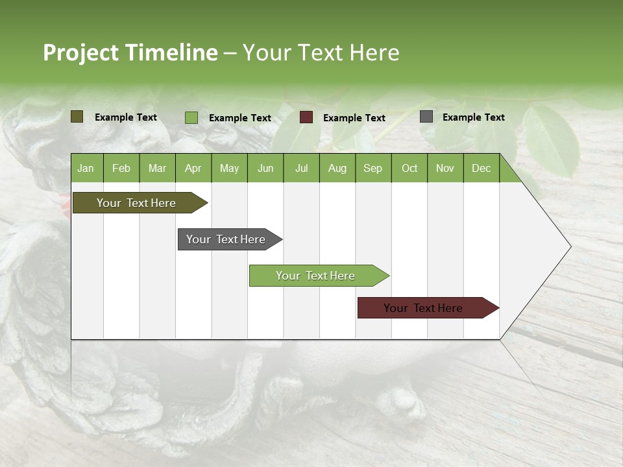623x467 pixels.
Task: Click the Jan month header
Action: pos(86,168)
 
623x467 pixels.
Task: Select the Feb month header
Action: pos(121,168)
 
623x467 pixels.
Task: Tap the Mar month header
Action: pos(157,168)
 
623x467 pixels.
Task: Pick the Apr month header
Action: pos(193,168)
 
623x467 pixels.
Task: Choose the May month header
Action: pos(229,168)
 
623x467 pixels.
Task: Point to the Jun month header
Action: pos(265,168)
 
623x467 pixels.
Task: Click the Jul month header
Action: pos(301,168)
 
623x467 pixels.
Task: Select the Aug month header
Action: pos(337,168)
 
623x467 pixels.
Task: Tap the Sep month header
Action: pos(373,168)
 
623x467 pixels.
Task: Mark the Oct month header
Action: pos(409,168)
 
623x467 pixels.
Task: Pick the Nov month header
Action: pos(445,168)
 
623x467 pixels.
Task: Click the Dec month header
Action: pos(481,168)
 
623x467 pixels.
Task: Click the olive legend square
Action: pos(77,117)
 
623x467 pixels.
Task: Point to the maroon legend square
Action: pos(306,117)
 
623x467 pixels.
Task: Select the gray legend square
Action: pos(426,117)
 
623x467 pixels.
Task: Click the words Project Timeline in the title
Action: pos(130,53)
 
